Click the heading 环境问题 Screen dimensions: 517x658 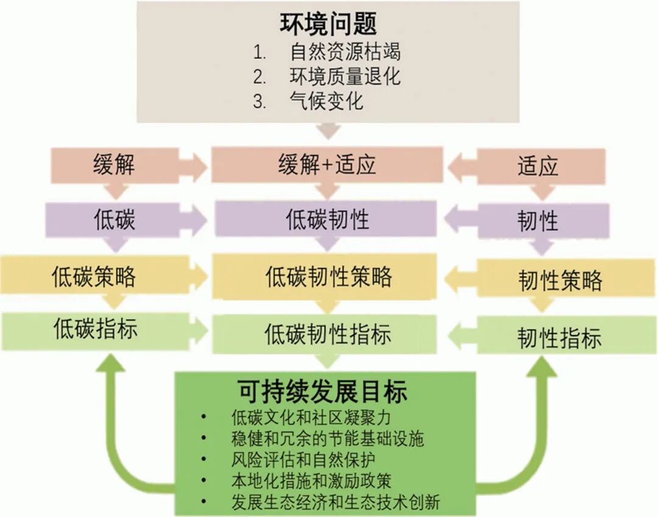tap(328, 24)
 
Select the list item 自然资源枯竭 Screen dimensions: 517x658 tap(345, 51)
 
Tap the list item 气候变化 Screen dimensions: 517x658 tap(327, 101)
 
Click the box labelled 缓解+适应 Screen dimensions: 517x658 tap(327, 165)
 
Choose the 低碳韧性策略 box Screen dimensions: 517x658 tap(328, 277)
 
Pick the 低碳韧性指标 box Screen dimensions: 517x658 tap(327, 334)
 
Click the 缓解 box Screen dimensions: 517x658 tap(114, 165)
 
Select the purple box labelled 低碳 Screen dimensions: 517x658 tap(115, 219)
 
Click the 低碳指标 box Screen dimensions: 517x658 tap(95, 330)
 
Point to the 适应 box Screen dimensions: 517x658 tap(538, 166)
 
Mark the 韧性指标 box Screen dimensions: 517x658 tap(559, 337)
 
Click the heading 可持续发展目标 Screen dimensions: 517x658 tap(322, 392)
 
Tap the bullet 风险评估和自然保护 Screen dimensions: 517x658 tap(303, 458)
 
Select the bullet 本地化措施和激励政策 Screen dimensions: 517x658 tap(311, 480)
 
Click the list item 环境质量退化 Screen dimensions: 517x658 tap(345, 76)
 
